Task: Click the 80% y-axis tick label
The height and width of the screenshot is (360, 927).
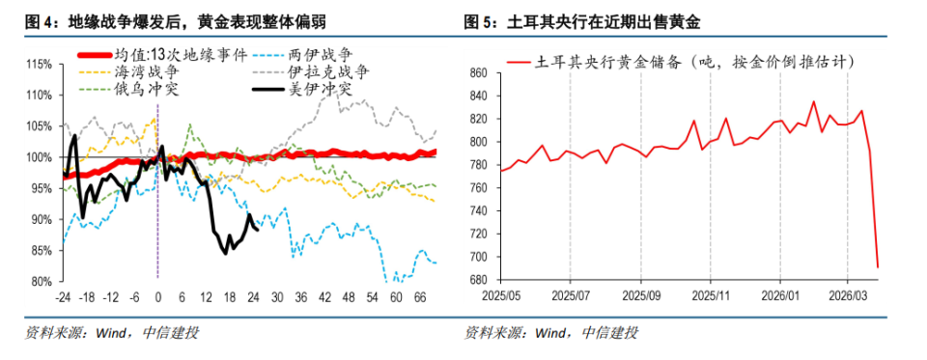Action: tap(41, 282)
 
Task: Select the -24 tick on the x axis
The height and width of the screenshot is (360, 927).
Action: tap(64, 296)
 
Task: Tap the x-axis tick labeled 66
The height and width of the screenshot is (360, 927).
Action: tap(420, 296)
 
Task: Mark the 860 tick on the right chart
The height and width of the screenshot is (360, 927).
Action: tap(481, 72)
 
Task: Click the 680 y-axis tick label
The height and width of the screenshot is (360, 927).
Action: tap(481, 281)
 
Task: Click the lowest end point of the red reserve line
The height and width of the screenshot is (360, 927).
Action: tap(877, 267)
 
